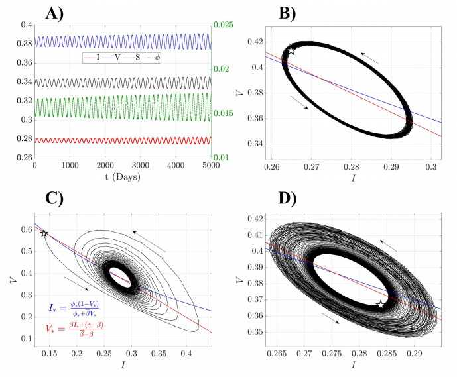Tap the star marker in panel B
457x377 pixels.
pyautogui.click(x=291, y=50)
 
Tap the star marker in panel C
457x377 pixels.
pyautogui.click(x=44, y=233)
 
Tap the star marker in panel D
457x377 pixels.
pyautogui.click(x=380, y=305)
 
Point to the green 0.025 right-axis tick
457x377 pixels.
pyautogui.click(x=224, y=25)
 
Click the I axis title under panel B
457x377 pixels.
pyautogui.click(x=349, y=177)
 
